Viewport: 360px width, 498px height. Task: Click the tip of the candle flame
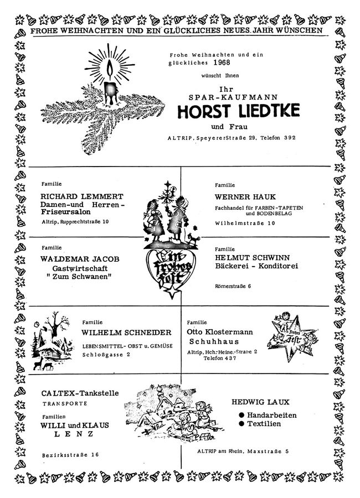[x=110, y=60]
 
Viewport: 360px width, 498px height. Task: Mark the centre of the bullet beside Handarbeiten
[x=241, y=415]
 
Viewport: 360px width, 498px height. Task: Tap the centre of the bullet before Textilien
[x=241, y=423]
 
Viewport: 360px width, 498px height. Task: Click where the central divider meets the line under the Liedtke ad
[x=181, y=167]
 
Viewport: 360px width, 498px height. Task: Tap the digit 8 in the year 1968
[x=227, y=62]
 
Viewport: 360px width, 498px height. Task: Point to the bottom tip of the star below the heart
[x=172, y=299]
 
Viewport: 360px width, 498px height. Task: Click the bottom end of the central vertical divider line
[x=181, y=468]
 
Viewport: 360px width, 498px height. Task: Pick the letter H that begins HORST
[x=183, y=111]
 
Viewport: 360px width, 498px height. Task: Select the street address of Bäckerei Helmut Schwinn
[x=233, y=286]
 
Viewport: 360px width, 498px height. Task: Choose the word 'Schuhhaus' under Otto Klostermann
[x=214, y=341]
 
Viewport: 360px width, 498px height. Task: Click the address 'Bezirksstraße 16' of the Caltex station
[x=70, y=455]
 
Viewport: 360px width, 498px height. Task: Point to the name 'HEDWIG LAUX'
[x=260, y=402]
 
